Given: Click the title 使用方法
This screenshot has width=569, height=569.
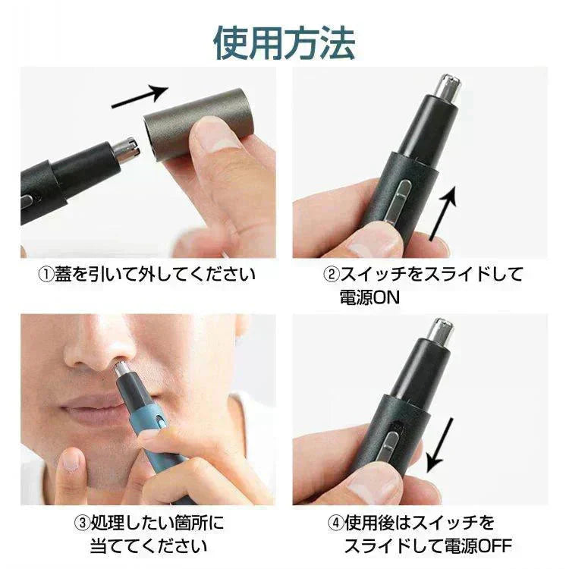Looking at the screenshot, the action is (284, 42).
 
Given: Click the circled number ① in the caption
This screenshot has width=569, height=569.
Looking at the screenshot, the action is (46, 275).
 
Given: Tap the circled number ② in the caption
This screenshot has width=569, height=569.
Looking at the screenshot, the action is (331, 275).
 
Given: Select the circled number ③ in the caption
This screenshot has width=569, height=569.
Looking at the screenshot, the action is (82, 523).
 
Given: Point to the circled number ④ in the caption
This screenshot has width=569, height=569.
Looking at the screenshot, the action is (335, 523).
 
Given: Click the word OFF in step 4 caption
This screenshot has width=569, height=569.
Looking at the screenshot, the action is (495, 546).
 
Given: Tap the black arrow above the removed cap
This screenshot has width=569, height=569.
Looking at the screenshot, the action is (140, 97).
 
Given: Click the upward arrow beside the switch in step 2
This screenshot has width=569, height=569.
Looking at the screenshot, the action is (443, 214).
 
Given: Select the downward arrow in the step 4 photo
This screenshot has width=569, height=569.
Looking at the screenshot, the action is (440, 445).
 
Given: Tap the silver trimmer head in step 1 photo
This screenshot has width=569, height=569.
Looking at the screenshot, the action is (126, 149).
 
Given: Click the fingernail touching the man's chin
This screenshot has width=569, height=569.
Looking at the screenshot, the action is (70, 461).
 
